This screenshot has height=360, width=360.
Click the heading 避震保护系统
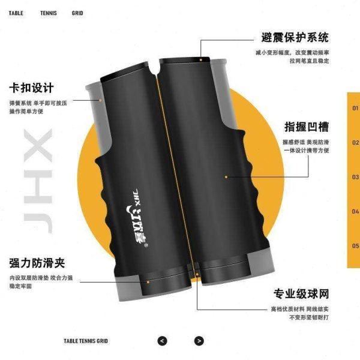coord(295,37)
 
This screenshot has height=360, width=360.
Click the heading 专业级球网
coord(301,294)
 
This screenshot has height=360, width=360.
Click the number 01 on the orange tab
coord(355,109)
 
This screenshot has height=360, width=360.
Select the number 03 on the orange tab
coord(355,178)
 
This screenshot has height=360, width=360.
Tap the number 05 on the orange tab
coord(355,245)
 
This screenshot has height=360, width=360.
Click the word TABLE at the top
coord(16,13)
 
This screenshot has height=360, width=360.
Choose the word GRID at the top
coord(77,13)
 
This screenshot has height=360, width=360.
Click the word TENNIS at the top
coord(49,13)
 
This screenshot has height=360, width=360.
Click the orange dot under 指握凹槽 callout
coord(226,177)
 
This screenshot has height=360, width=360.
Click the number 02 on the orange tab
coord(355,143)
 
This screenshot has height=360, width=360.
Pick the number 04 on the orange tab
coord(355,211)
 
